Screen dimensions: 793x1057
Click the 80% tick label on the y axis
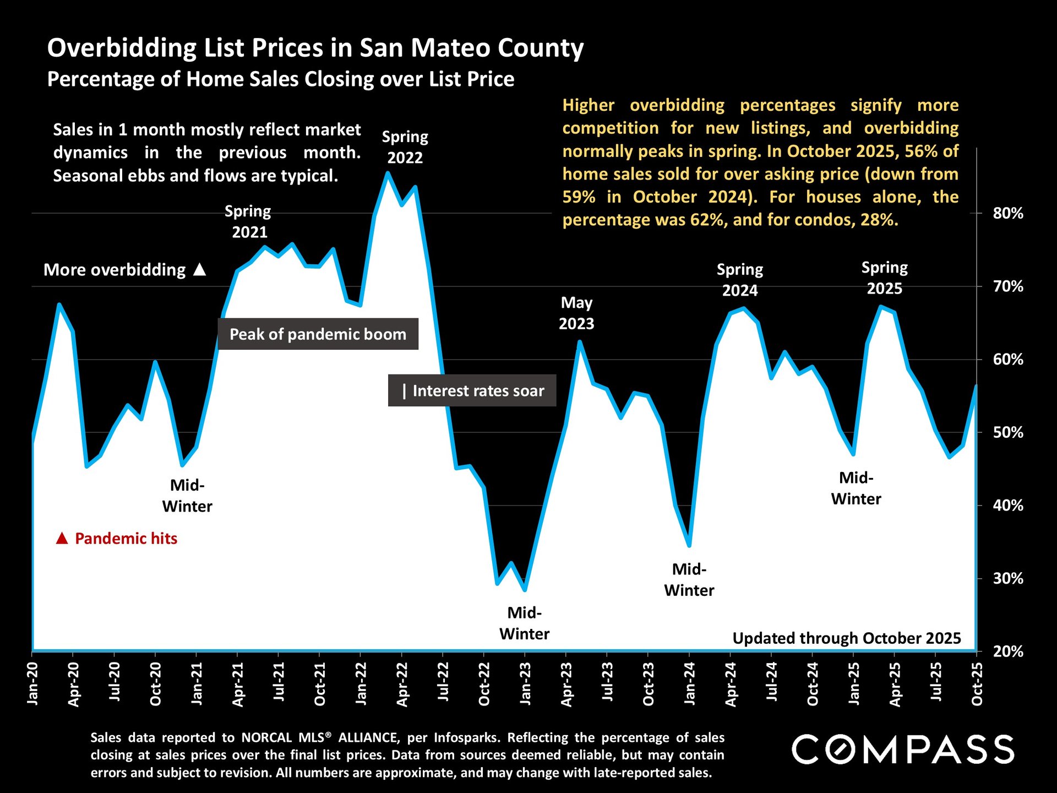(1007, 214)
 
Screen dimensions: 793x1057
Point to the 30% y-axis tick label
(1007, 579)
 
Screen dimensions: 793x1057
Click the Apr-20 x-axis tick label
(74, 685)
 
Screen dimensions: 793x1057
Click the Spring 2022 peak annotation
(405, 147)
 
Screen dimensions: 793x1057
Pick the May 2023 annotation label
(576, 313)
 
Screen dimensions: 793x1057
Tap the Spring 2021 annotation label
(249, 221)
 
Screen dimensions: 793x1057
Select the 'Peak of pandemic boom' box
(318, 334)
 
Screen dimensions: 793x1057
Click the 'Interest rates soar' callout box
(472, 391)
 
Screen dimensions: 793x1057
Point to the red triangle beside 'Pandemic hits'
(62, 539)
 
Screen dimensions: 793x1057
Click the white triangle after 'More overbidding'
(200, 269)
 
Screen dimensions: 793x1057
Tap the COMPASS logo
(902, 749)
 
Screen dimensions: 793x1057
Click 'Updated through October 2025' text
(846, 638)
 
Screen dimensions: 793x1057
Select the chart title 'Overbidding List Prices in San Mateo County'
(315, 48)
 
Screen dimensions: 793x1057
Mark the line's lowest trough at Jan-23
(525, 590)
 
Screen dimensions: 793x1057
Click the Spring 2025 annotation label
(884, 278)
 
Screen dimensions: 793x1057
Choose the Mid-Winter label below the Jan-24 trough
(689, 580)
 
